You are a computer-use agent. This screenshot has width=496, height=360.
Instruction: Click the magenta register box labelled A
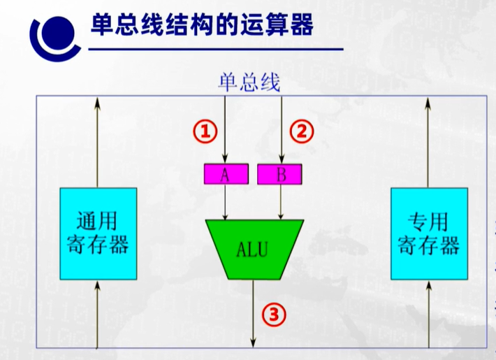(x=225, y=174)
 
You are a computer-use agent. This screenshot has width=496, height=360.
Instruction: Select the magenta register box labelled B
(x=280, y=174)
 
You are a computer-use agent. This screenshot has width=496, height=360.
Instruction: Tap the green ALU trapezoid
(x=254, y=248)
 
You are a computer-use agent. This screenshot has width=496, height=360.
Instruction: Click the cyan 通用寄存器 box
(x=98, y=234)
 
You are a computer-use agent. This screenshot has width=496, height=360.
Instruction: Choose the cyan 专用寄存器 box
(x=428, y=234)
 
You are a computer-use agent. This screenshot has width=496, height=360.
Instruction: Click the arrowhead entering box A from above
(x=225, y=159)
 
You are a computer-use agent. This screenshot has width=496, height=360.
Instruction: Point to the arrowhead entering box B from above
(x=281, y=159)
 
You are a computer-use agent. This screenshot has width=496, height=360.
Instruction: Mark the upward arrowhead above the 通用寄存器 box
(x=98, y=102)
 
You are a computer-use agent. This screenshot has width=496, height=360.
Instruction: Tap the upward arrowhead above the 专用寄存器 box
(x=428, y=102)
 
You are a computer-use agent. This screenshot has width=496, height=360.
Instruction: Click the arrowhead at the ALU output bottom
(x=254, y=342)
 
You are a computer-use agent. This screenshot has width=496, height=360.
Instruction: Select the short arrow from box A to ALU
(x=225, y=203)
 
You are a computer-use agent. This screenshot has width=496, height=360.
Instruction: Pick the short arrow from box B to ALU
(x=281, y=203)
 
